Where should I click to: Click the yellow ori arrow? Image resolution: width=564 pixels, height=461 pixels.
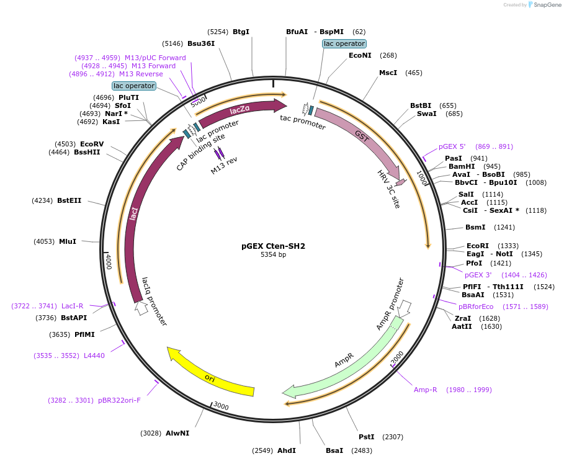211,376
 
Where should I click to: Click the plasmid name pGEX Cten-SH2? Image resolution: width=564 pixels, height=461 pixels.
273,246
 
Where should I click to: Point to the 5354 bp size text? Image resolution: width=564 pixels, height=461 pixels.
273,254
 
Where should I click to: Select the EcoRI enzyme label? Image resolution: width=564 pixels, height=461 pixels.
478,246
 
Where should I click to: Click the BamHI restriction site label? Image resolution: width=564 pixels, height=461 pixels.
462,166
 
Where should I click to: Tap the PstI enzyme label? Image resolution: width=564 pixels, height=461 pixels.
367,437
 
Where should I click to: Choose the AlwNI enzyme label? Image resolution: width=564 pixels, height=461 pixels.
177,433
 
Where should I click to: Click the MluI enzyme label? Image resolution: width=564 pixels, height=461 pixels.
68,241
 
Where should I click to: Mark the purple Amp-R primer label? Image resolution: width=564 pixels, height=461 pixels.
426,390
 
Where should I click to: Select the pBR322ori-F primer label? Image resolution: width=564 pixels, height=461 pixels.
119,400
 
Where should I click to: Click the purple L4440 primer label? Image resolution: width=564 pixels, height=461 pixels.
94,356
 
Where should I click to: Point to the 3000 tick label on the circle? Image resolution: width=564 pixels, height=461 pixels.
220,406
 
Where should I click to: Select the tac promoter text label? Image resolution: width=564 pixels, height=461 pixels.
303,122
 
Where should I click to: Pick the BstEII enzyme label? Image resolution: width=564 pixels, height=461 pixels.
69,200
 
